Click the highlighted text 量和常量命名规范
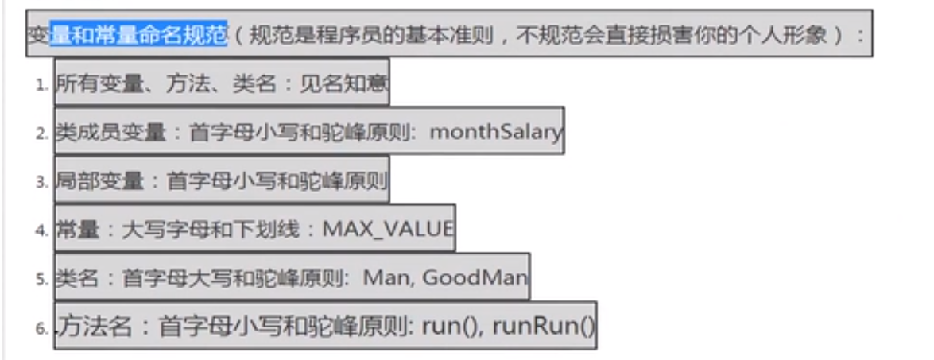[139, 35]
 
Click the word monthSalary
[495, 132]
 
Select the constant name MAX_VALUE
[388, 230]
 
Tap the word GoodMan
[475, 278]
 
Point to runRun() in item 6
[544, 326]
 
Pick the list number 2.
[42, 134]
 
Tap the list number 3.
[42, 182]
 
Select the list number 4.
[42, 231]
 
